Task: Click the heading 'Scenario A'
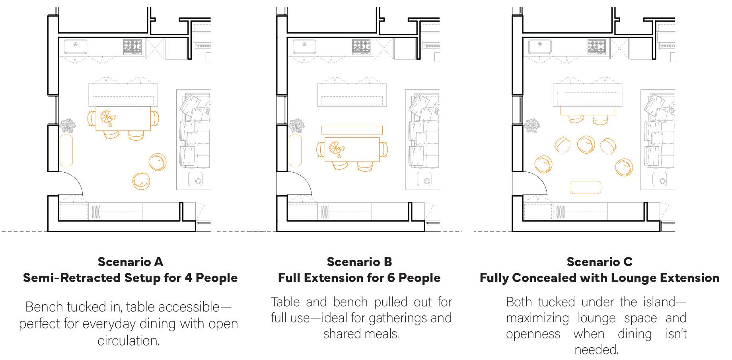pos(130,262)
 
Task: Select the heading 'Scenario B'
pos(359,262)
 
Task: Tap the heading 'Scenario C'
pos(599,262)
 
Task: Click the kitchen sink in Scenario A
pos(75,46)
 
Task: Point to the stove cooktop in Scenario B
pos(361,47)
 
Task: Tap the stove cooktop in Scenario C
pos(597,47)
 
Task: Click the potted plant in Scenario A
pos(68,126)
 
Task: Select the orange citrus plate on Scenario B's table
pos(336,148)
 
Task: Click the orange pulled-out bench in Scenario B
pos(352,130)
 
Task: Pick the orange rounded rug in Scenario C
pos(585,187)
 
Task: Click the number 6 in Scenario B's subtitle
pos(391,278)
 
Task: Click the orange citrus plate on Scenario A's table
pos(107,117)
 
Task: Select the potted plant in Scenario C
pos(532,126)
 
